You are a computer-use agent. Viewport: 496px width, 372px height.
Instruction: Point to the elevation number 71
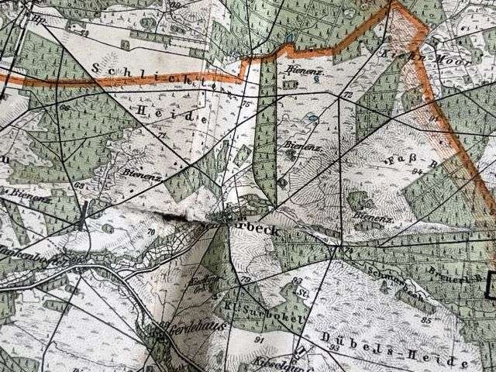[162, 136]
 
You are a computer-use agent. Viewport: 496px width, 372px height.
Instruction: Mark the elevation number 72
[347, 95]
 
